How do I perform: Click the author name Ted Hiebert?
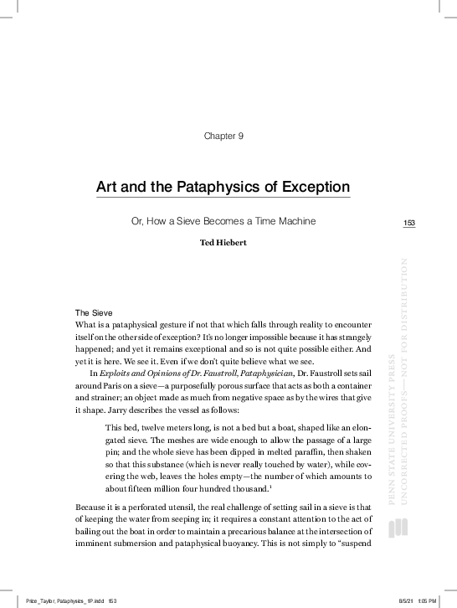223,244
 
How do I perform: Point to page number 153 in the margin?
409,223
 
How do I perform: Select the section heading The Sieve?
94,312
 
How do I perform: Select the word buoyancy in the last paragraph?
302,544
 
